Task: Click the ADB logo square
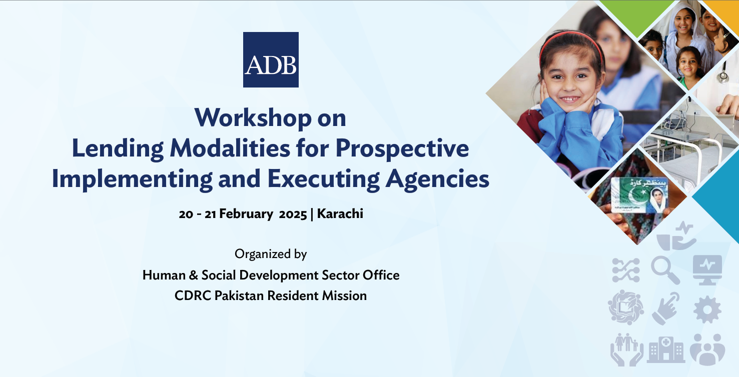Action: [x=271, y=59]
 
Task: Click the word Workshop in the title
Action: [x=253, y=117]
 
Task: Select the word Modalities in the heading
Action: [x=230, y=148]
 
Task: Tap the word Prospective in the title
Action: [x=402, y=149]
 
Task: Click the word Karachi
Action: [x=340, y=213]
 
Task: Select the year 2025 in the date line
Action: [x=293, y=214]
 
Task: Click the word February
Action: [x=246, y=214]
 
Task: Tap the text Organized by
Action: [x=271, y=254]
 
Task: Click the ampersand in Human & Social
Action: [x=193, y=275]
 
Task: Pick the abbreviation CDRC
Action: [x=193, y=295]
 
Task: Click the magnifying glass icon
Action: [x=665, y=270]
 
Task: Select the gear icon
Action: [x=707, y=309]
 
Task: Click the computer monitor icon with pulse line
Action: [x=707, y=269]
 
